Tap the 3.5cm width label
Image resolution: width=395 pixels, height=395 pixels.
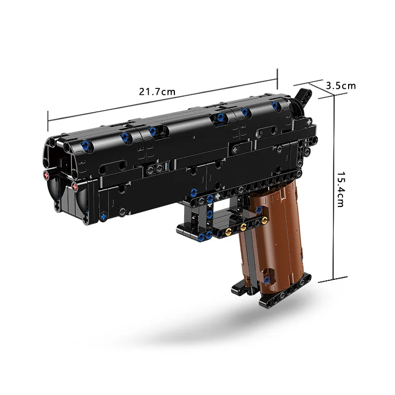coord(341,85)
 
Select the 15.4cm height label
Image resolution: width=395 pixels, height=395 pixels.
coord(341,190)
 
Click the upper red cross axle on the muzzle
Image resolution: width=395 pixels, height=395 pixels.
coord(46,174)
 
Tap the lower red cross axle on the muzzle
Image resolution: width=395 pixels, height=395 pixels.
coord(75,186)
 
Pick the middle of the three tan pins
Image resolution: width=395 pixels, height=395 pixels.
coord(243,227)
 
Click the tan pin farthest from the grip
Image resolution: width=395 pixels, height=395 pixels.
coord(228,231)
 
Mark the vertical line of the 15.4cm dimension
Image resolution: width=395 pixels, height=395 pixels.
coord(334,190)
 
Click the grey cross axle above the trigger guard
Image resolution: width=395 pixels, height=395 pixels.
coord(217,196)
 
